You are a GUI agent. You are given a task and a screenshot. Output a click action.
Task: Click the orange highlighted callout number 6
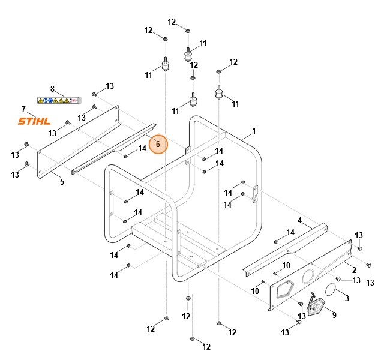click(x=158, y=144)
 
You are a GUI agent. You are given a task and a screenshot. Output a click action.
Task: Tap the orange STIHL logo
click(x=34, y=121)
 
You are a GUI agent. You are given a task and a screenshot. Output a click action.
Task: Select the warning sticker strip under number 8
click(x=58, y=100)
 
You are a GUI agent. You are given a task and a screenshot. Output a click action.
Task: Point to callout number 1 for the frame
click(x=254, y=130)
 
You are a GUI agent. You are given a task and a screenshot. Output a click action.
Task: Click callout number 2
click(x=353, y=270)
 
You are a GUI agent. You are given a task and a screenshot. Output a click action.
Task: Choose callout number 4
click(x=299, y=220)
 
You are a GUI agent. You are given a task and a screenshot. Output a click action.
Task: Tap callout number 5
click(x=62, y=181)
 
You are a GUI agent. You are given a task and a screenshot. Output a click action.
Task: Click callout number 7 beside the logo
click(x=23, y=109)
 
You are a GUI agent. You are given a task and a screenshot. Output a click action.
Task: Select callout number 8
click(x=52, y=89)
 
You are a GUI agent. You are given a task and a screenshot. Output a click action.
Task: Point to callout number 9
click(x=334, y=315)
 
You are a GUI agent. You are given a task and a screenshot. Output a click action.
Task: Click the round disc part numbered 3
click(x=330, y=292)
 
